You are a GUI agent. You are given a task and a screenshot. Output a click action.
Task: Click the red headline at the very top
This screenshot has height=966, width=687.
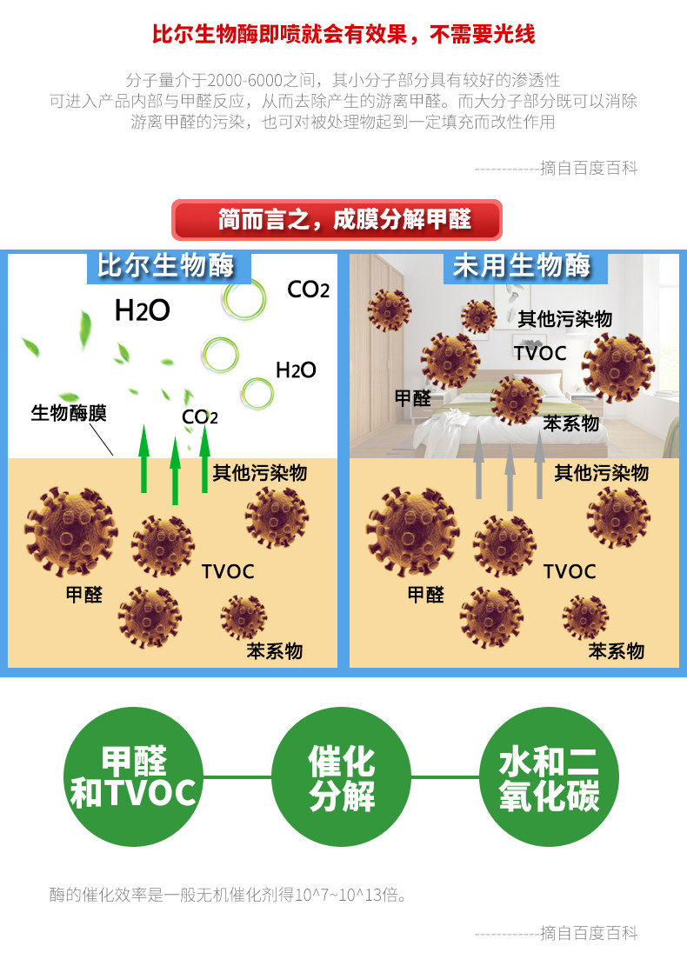pos(343,35)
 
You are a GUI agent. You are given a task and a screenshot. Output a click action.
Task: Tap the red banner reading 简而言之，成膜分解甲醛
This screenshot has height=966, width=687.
pos(337,220)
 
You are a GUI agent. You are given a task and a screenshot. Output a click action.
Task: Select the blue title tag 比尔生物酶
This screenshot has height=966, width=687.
pos(168,266)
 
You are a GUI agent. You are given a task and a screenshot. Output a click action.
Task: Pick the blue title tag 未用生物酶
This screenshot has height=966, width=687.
pos(521,266)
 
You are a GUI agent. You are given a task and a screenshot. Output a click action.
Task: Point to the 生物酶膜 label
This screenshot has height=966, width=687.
pos(69,413)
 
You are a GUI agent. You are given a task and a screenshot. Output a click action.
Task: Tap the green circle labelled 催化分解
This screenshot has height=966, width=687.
pos(342,777)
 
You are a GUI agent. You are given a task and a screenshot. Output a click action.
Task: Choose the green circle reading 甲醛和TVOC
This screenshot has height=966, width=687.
pos(133,777)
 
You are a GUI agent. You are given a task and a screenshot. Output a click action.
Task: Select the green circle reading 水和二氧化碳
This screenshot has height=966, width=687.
pos(549,777)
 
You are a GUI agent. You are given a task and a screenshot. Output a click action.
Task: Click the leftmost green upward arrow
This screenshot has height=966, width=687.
pos(144,462)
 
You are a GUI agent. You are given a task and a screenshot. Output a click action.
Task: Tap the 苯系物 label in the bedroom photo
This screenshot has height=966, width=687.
pos(570,423)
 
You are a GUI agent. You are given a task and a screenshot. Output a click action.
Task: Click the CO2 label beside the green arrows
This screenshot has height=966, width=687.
pos(200,417)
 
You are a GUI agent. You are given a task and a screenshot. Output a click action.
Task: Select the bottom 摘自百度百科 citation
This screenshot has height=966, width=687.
pos(589,933)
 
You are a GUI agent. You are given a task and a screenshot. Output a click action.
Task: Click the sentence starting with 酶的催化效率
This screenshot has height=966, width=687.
pos(229,894)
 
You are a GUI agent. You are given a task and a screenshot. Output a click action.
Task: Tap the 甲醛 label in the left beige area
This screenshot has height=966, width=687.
pos(84,595)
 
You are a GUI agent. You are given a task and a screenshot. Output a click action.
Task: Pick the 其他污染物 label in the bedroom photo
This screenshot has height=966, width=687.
pos(565,318)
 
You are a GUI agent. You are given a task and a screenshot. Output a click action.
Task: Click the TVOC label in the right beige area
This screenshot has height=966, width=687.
pos(570,571)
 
